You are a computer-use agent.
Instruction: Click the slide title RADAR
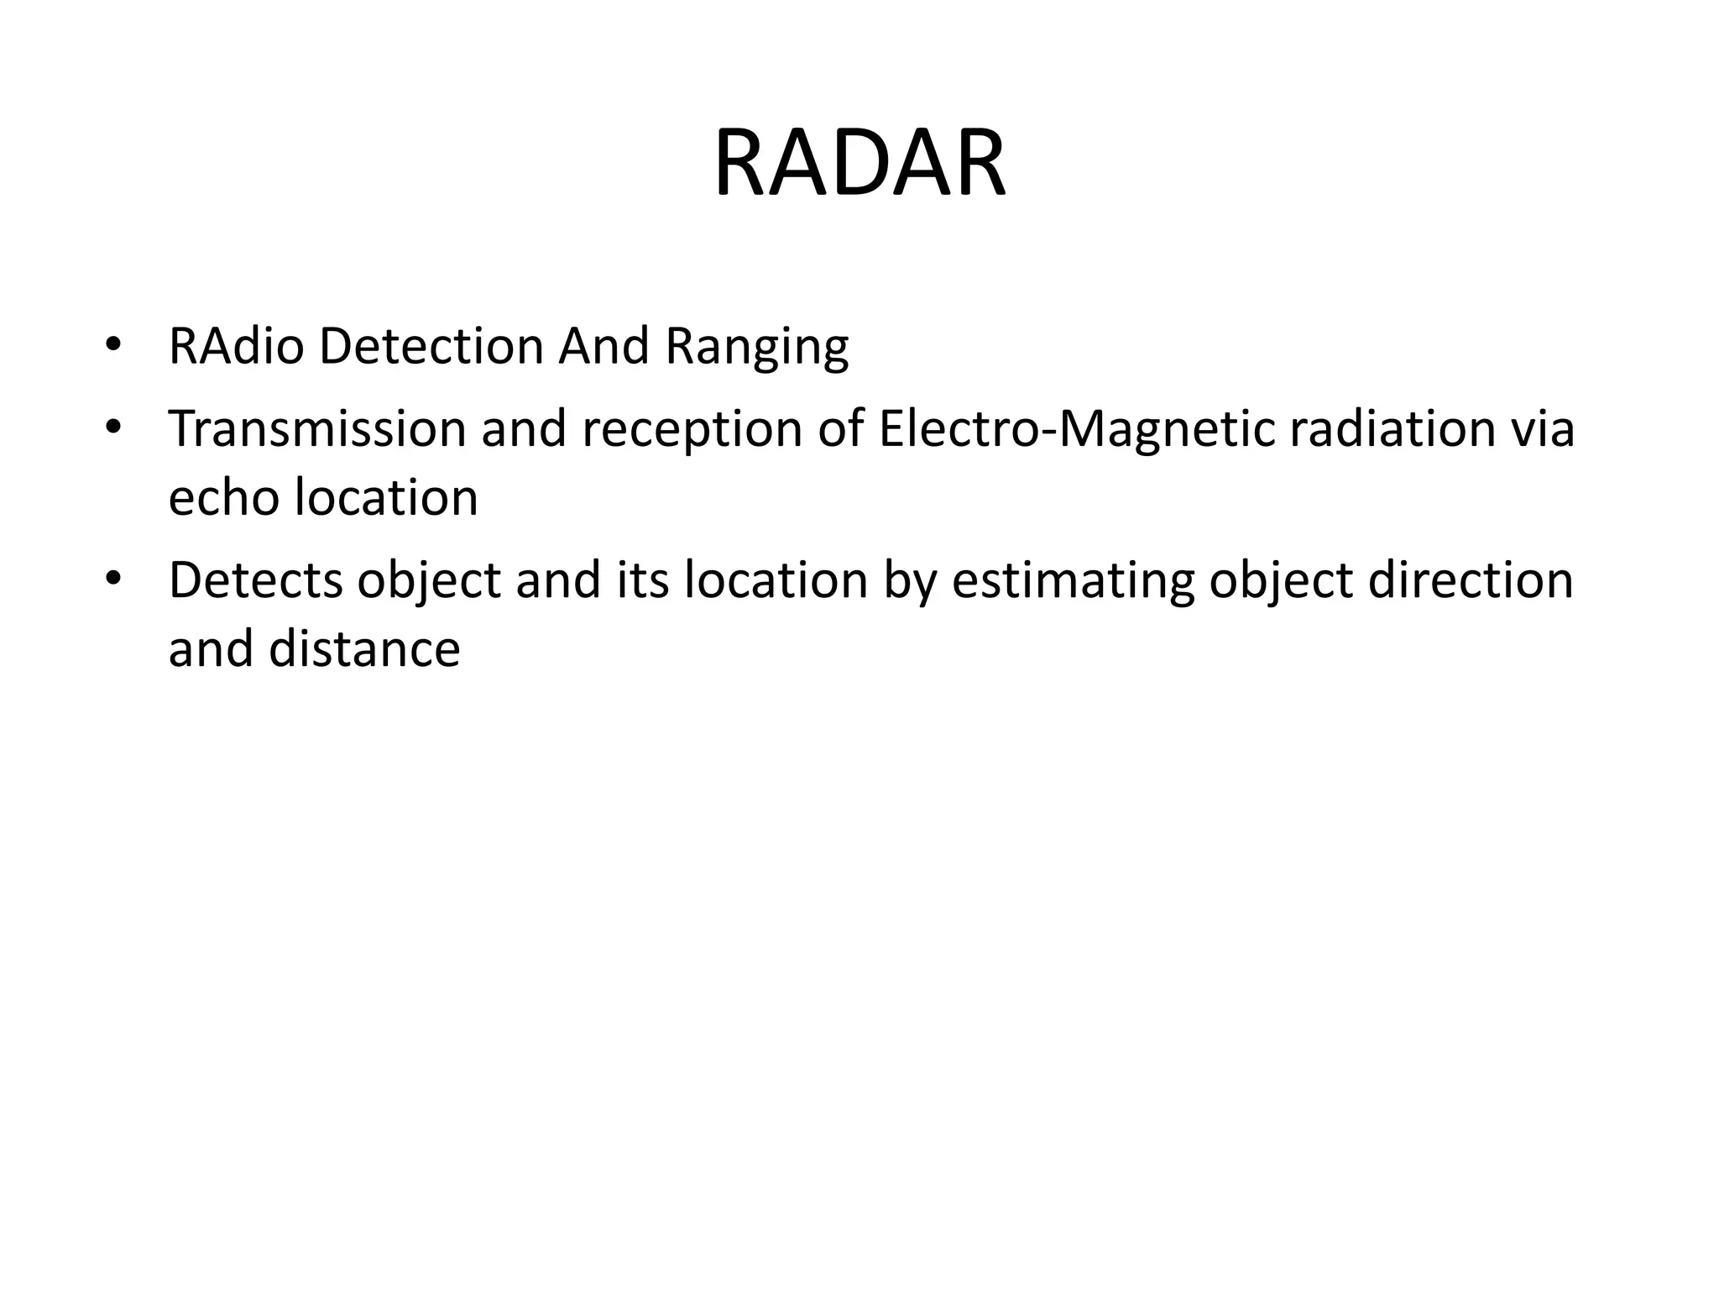click(x=859, y=163)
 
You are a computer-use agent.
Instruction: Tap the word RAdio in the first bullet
click(x=235, y=345)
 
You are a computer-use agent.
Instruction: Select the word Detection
click(x=431, y=345)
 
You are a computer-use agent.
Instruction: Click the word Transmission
click(x=316, y=428)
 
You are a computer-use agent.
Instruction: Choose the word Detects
click(x=255, y=580)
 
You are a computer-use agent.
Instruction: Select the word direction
click(x=1470, y=580)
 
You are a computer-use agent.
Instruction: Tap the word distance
click(x=363, y=648)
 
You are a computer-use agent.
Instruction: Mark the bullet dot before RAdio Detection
click(x=112, y=344)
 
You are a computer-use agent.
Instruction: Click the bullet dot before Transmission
click(x=112, y=427)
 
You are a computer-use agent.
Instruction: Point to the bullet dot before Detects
click(x=112, y=579)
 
